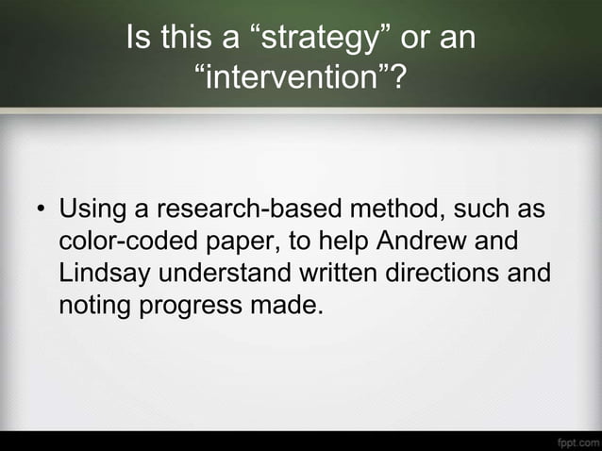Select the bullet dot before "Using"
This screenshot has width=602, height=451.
41,209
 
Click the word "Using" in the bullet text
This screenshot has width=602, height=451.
91,208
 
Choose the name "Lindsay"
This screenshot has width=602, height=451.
106,273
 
